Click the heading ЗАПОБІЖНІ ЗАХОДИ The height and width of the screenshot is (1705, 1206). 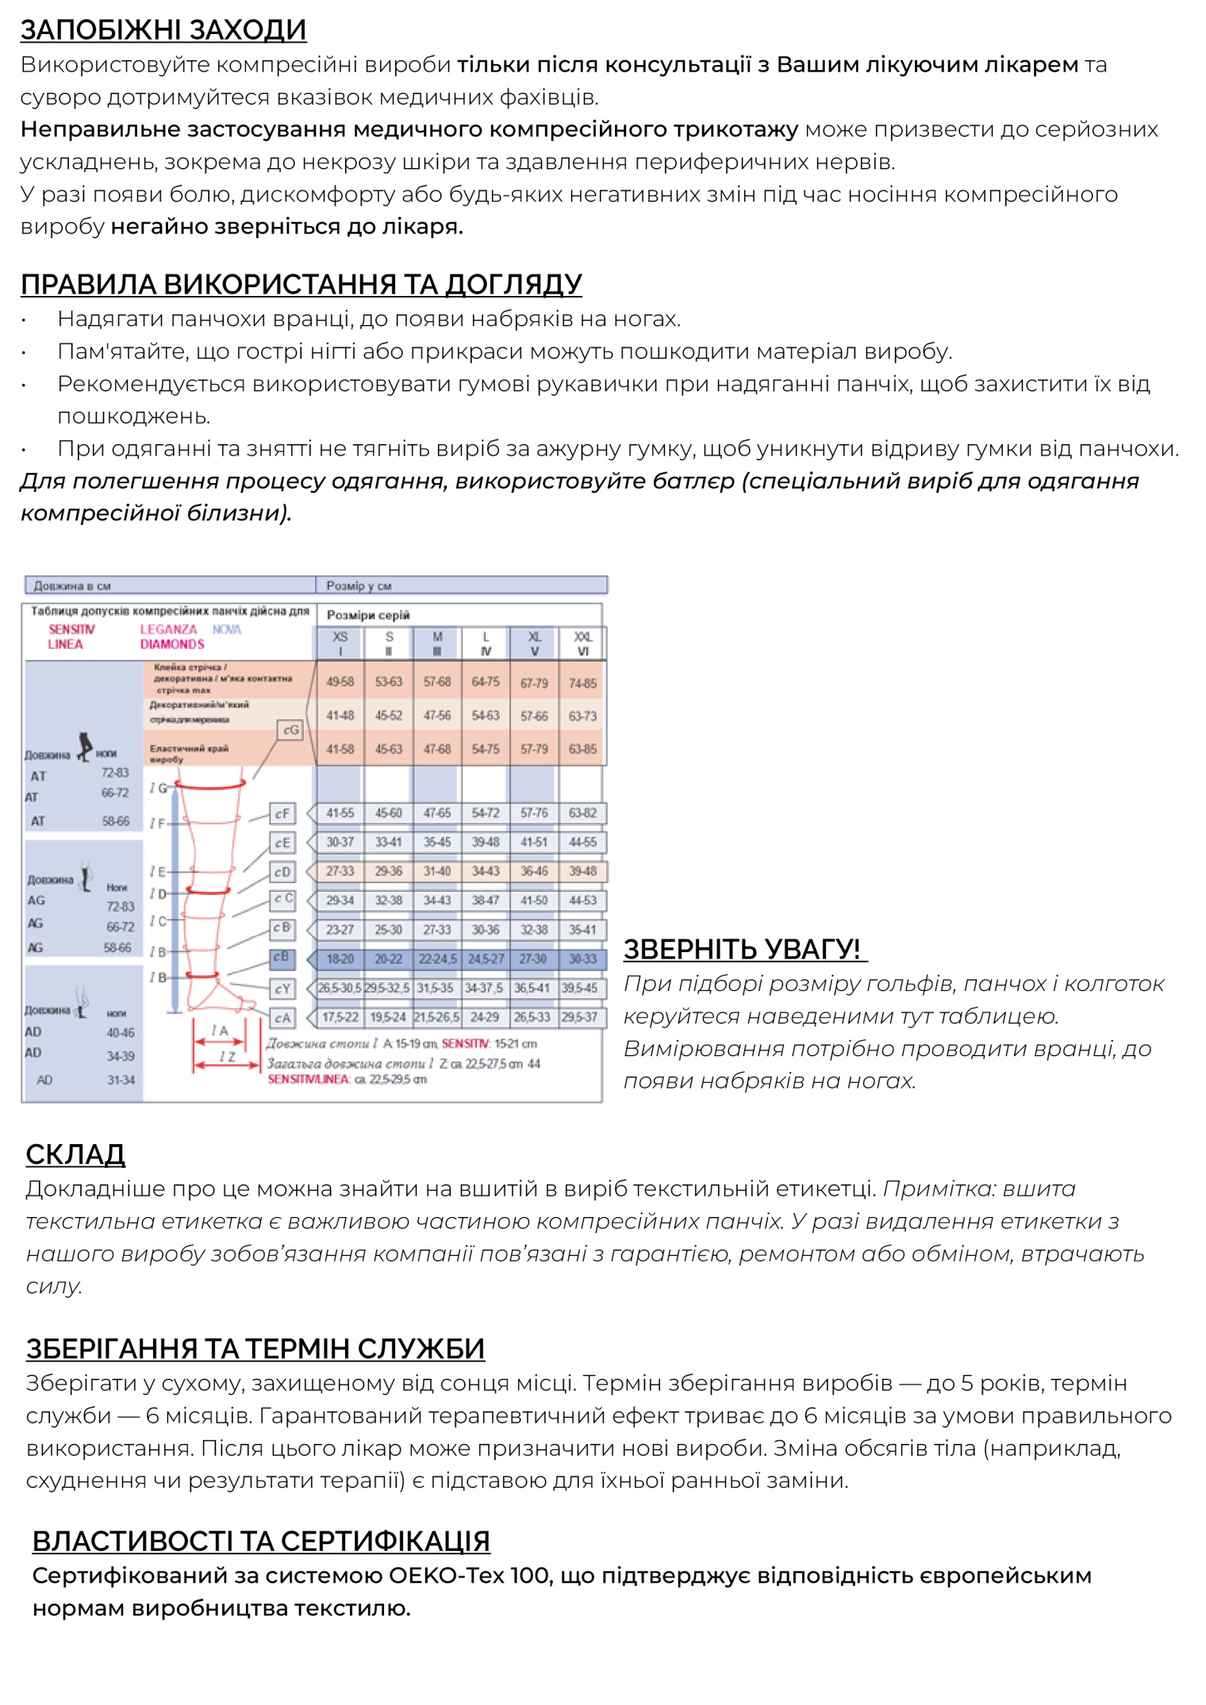click(163, 30)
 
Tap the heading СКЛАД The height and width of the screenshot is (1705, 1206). click(75, 1154)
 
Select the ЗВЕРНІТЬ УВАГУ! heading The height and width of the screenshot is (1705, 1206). click(743, 949)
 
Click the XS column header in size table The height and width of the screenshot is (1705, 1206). click(340, 643)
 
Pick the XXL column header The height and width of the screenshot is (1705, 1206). click(583, 643)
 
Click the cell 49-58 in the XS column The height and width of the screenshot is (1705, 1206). click(340, 682)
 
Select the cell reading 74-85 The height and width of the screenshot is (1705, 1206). click(583, 683)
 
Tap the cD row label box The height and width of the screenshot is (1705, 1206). click(282, 872)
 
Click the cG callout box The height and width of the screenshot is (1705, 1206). click(291, 730)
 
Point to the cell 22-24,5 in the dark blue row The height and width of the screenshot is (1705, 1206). click(437, 959)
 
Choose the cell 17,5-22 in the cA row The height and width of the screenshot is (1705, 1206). click(340, 1017)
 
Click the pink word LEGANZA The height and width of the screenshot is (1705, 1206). click(168, 629)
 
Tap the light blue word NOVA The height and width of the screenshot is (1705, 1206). click(227, 629)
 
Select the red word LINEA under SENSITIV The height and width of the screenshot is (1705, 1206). click(65, 644)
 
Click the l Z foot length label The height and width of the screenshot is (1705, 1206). click(227, 1057)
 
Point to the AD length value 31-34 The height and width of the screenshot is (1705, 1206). click(121, 1080)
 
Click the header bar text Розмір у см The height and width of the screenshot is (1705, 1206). click(359, 586)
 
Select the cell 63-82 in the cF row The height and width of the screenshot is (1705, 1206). click(583, 813)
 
